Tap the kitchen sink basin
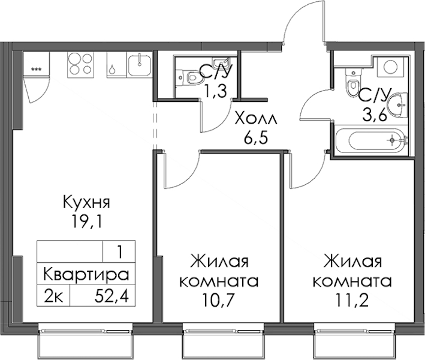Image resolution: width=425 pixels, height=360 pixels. pos(139,65)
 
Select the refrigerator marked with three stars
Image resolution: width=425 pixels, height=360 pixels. pos(37,64)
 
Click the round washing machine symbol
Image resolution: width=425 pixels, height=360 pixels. pos(390,66)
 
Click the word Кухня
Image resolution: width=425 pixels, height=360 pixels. pos(86,202)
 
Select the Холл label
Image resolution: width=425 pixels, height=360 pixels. pos(256,119)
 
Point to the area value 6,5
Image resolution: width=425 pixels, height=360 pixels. pos(256,138)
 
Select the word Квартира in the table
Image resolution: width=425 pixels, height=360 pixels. pos(86,275)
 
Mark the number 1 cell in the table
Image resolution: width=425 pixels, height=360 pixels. pos(119,252)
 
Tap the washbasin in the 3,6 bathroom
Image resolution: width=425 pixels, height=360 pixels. pos(397,106)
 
